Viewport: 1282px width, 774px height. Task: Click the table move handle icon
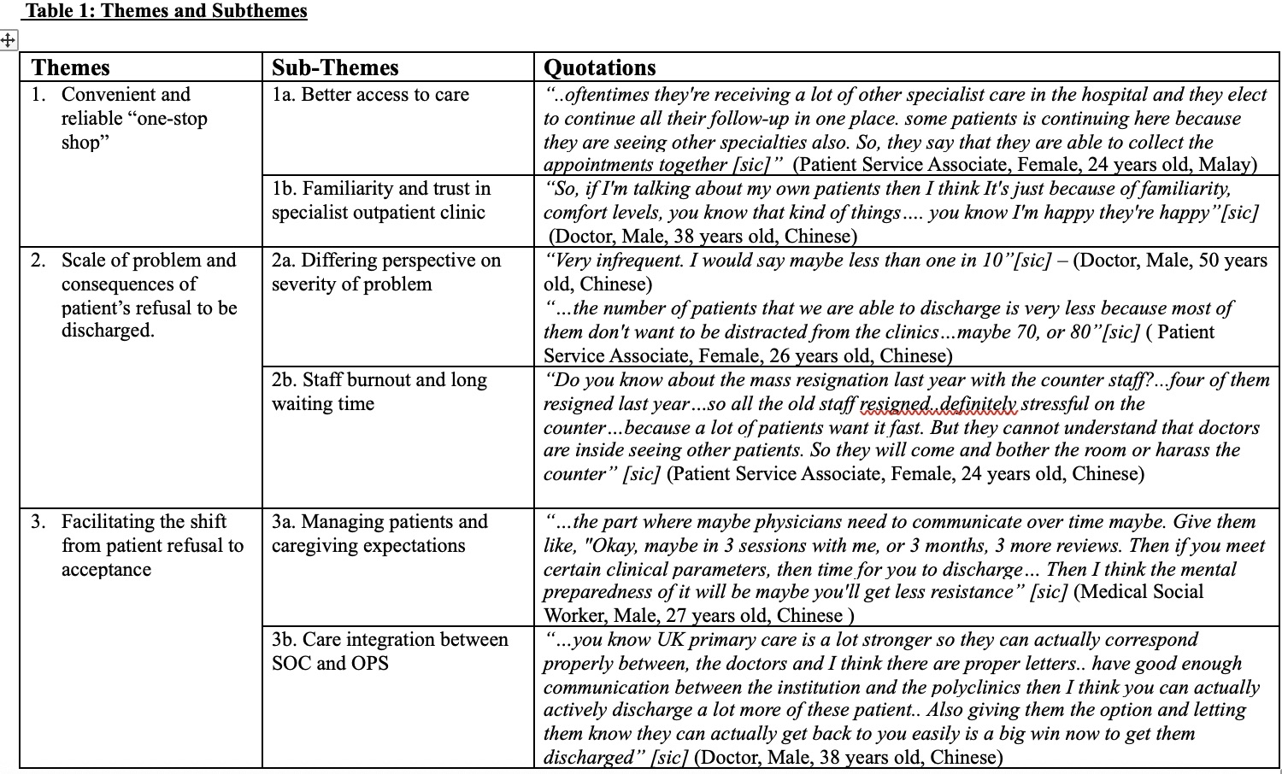pos(8,39)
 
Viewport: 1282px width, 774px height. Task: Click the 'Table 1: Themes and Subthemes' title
pos(167,11)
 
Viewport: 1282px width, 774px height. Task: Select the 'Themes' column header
pos(71,67)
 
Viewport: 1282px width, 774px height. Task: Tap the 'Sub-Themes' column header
pos(335,67)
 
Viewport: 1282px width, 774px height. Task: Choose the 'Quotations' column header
pos(600,67)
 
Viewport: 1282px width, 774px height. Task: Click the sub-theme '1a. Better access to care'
pos(370,95)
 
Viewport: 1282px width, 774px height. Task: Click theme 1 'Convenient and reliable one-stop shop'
pos(134,118)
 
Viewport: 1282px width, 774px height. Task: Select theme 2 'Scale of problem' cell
pos(148,295)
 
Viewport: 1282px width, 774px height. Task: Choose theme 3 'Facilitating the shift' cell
pos(151,545)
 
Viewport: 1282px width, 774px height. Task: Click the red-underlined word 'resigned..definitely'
pos(938,404)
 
